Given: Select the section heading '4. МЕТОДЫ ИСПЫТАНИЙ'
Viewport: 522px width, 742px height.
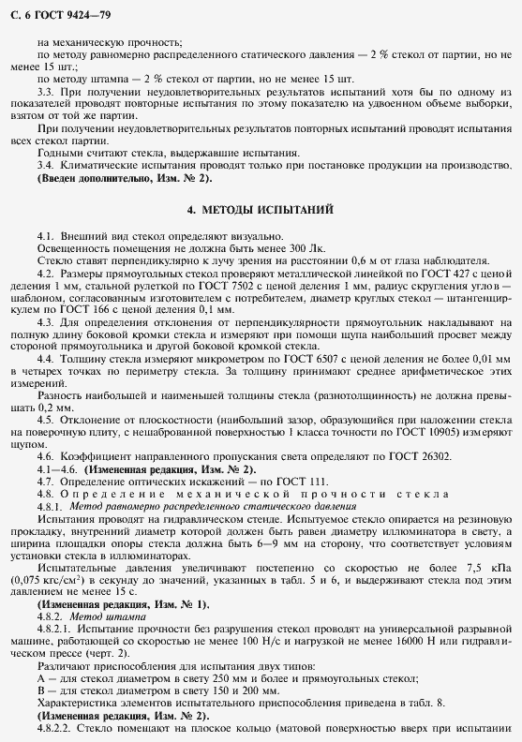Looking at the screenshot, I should point(261,208).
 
